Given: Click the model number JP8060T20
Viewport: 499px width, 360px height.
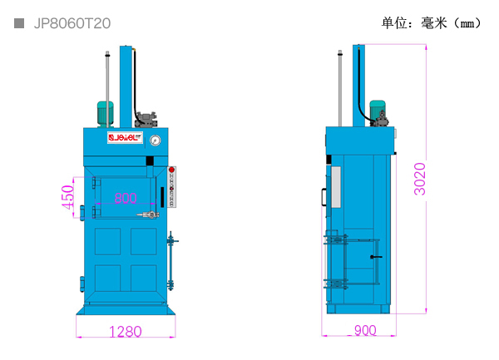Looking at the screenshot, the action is (x=72, y=23).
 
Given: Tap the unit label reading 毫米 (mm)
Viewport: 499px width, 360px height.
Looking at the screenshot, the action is (x=451, y=23).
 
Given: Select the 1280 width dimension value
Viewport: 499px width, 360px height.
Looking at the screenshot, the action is (x=126, y=332).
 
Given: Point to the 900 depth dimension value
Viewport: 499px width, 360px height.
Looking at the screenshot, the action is (x=365, y=330).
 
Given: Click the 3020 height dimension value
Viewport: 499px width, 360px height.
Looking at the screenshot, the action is (x=420, y=179).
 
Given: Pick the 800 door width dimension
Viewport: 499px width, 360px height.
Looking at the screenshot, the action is (x=126, y=198).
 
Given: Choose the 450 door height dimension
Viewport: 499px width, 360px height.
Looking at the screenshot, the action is (x=68, y=197).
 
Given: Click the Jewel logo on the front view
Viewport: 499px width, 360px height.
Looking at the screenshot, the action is (x=125, y=137).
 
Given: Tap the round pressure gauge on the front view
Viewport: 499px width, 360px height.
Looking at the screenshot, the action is (x=155, y=141).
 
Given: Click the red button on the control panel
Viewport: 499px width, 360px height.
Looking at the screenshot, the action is (x=171, y=170).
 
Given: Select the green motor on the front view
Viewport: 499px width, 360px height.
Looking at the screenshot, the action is (x=105, y=114).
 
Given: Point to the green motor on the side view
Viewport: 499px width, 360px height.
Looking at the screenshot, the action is (x=377, y=110).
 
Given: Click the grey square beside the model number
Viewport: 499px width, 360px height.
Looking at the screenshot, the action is (x=19, y=23).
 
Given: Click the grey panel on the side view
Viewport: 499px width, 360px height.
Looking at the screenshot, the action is (x=336, y=187).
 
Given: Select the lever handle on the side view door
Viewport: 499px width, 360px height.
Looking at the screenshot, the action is (x=376, y=257).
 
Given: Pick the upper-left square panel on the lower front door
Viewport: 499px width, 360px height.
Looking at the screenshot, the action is (x=107, y=241).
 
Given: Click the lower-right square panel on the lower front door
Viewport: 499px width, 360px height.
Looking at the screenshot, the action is (x=144, y=278).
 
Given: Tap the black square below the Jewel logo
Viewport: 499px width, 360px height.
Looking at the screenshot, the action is (x=150, y=161).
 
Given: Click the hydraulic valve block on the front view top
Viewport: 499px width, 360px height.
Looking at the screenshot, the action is (x=146, y=120).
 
